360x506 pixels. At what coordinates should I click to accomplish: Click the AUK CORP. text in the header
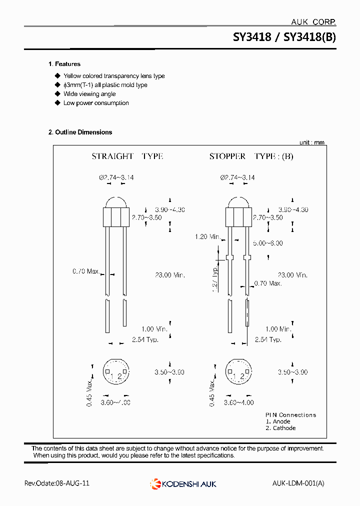313,22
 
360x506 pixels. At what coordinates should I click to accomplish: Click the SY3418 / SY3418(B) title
284,37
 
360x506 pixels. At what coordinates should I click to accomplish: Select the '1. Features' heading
64,64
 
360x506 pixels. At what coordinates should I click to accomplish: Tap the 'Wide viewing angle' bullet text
89,94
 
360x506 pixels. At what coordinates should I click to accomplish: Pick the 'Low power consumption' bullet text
95,103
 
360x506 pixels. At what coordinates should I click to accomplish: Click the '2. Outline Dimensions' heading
80,132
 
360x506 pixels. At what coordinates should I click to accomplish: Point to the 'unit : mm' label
311,142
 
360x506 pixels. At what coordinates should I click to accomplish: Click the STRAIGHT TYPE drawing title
127,156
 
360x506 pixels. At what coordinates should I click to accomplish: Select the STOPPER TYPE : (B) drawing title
251,156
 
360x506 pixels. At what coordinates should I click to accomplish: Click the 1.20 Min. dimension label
207,236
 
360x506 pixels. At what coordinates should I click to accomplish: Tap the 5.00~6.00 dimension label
267,243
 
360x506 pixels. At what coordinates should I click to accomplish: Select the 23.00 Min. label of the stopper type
292,275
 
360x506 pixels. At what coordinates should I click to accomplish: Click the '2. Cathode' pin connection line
280,428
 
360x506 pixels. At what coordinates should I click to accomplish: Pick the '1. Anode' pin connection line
278,421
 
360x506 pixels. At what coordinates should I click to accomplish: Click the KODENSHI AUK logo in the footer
183,483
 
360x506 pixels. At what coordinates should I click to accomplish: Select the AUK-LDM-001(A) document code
298,483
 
